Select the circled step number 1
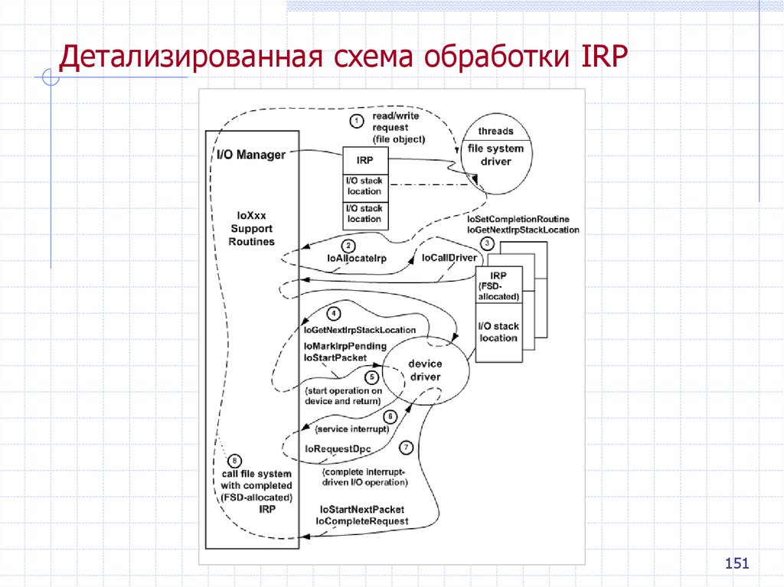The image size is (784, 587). tap(356, 120)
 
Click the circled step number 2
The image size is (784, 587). tap(349, 246)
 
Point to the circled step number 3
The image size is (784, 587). tap(486, 243)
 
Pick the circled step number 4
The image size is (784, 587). tap(334, 313)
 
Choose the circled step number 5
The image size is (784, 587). tap(372, 377)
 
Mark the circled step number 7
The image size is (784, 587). tap(406, 447)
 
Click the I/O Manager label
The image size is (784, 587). tap(251, 155)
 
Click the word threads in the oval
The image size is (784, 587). tap(495, 131)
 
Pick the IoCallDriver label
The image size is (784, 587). tap(449, 258)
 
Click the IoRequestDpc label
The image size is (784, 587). tap(338, 448)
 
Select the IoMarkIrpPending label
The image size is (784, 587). tap(345, 346)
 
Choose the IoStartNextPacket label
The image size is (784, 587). tap(362, 509)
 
